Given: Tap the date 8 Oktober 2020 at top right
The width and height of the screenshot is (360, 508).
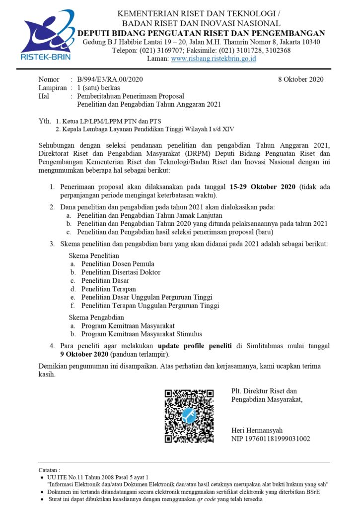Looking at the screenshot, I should (x=300, y=79).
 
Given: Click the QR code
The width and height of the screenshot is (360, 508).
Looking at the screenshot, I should (x=189, y=416).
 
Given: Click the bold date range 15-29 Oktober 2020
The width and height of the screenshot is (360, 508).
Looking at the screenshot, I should (x=263, y=187).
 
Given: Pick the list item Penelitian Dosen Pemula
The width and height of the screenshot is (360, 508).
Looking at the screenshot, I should (x=118, y=264).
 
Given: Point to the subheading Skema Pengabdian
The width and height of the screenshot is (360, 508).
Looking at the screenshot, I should (x=96, y=317).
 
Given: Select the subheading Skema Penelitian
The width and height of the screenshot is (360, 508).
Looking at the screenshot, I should (x=94, y=255).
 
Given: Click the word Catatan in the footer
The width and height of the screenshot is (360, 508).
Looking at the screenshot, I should (x=49, y=469).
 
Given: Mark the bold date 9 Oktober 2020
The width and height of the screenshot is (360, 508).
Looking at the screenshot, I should (x=84, y=354).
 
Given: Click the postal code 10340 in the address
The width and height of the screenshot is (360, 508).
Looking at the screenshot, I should (x=310, y=42).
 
